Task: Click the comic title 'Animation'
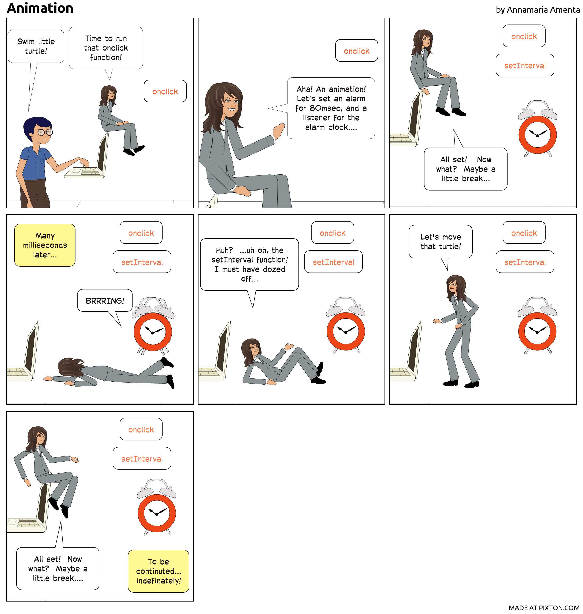[x=40, y=8]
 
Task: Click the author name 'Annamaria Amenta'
[x=543, y=10]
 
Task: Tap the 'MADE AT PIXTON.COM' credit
[x=544, y=608]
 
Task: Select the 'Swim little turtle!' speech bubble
[x=36, y=46]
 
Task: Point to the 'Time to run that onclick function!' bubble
[x=106, y=48]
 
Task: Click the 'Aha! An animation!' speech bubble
[x=331, y=108]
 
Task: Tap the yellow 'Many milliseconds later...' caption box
[x=45, y=245]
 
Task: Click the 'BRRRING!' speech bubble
[x=105, y=300]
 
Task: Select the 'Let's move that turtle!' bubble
[x=441, y=241]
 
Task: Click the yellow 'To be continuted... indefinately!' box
[x=159, y=571]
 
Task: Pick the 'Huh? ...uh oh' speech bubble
[x=250, y=265]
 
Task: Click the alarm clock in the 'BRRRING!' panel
[x=153, y=326]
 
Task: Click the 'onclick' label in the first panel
[x=165, y=91]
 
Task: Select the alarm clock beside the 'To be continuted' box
[x=157, y=507]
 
